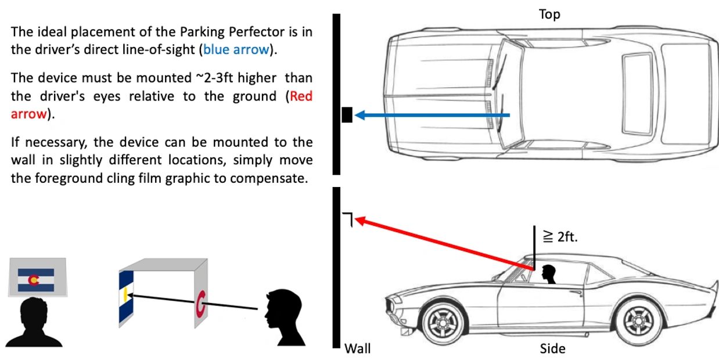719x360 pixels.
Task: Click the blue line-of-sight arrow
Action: [432, 116]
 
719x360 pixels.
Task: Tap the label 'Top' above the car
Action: [549, 15]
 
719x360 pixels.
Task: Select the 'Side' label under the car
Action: [552, 348]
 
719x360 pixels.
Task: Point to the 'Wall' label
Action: [358, 348]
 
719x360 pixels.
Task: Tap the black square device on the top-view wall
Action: [347, 115]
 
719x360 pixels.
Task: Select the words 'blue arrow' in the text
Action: [236, 49]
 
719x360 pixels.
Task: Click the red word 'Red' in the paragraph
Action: [301, 96]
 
